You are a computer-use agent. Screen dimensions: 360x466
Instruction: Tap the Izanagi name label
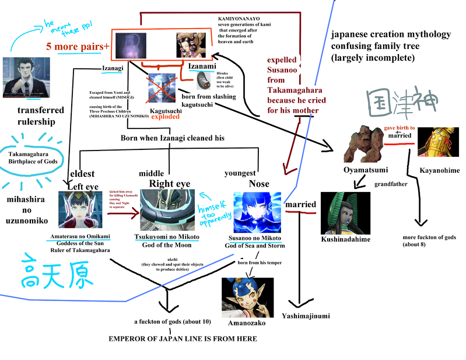(113, 68)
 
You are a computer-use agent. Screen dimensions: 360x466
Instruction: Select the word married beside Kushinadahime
(301, 205)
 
